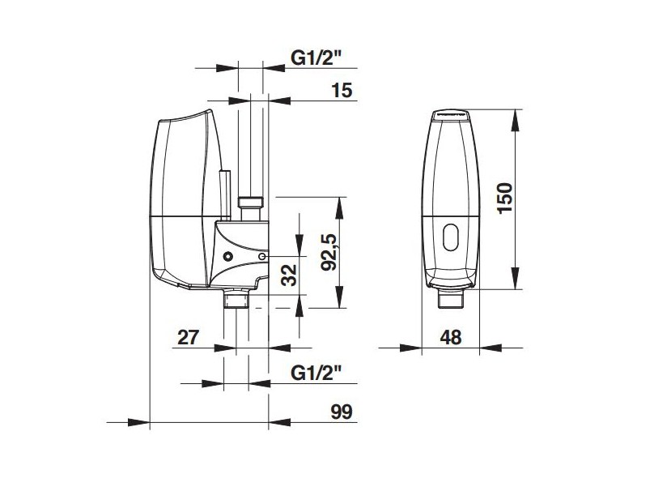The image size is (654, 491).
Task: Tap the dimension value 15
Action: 342,90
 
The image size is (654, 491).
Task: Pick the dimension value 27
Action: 189,337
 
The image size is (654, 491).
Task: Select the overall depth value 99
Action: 343,412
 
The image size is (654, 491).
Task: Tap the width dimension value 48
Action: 450,338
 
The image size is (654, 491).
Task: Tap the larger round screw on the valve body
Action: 227,257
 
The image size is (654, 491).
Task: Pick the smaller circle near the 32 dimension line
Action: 262,257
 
